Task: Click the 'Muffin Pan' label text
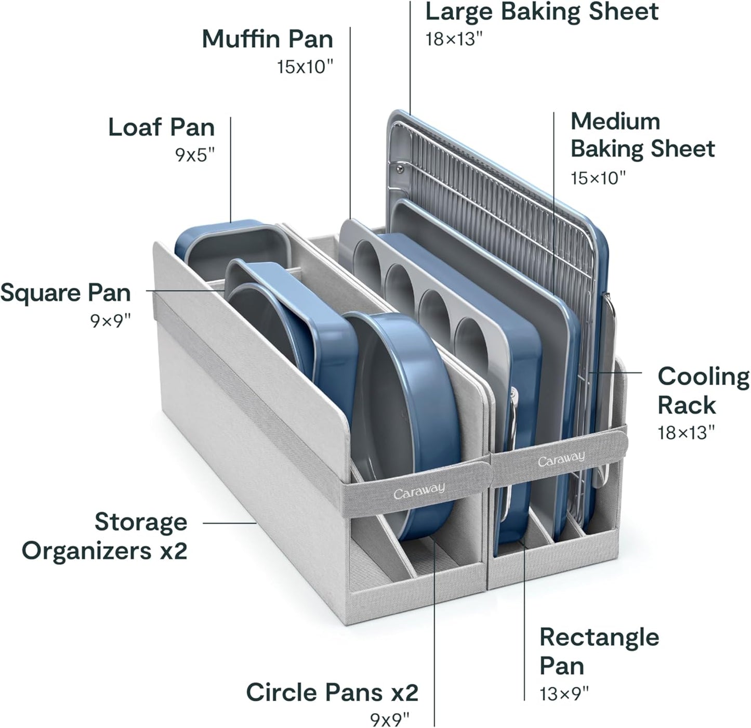267,39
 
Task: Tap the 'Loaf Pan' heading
161,127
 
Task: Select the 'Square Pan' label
65,293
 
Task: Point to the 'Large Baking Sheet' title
542,12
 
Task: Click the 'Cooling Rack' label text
703,391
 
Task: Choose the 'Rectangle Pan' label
599,651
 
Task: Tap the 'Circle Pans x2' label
332,692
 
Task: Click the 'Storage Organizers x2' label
104,536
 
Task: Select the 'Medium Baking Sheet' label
642,135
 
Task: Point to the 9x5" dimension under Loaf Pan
194,155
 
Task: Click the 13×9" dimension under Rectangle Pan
564,693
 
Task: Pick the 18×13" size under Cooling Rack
686,432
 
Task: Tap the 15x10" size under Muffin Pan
305,67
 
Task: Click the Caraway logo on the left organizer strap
418,490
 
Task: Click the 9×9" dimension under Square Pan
110,321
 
